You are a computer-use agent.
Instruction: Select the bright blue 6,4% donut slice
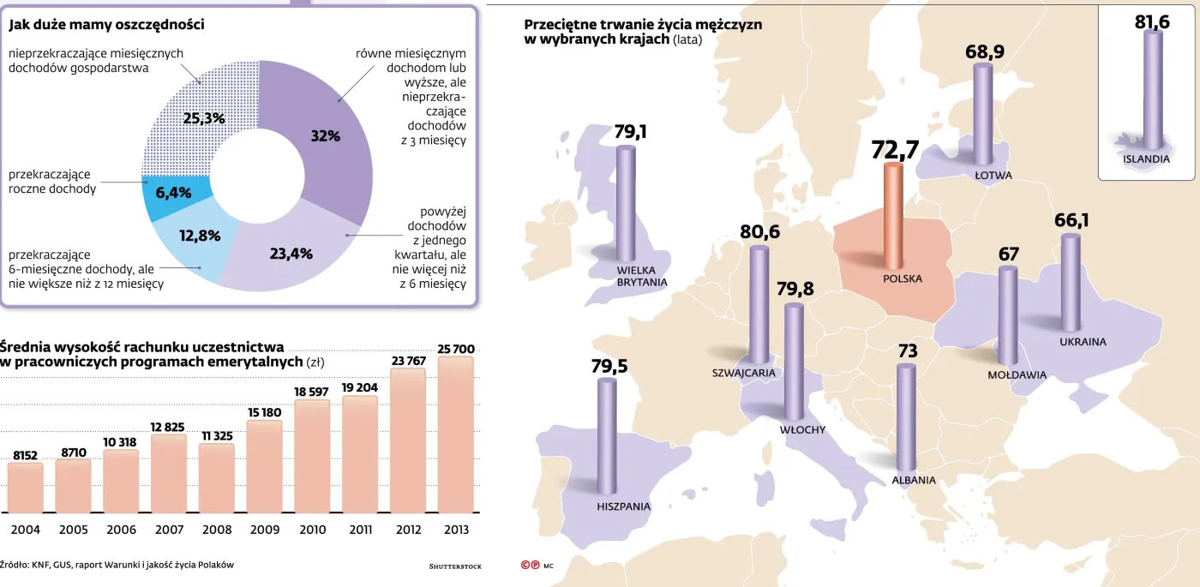[174, 193]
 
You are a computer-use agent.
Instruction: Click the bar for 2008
[217, 477]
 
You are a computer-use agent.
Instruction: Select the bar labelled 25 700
[456, 434]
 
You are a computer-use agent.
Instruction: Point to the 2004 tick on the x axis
[26, 530]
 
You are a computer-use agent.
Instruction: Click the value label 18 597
[312, 392]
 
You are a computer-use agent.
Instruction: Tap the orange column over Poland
[893, 214]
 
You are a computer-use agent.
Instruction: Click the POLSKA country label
[903, 279]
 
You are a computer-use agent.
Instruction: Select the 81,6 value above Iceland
[1152, 22]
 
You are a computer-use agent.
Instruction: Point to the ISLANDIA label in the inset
[1146, 159]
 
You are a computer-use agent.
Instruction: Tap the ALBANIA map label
[914, 480]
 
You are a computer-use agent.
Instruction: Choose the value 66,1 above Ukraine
[1071, 221]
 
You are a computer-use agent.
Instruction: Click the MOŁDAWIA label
[1017, 374]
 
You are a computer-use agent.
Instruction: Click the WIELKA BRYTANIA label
[642, 276]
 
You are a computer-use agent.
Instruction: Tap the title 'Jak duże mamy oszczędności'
[107, 25]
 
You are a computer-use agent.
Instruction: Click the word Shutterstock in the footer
[455, 566]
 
